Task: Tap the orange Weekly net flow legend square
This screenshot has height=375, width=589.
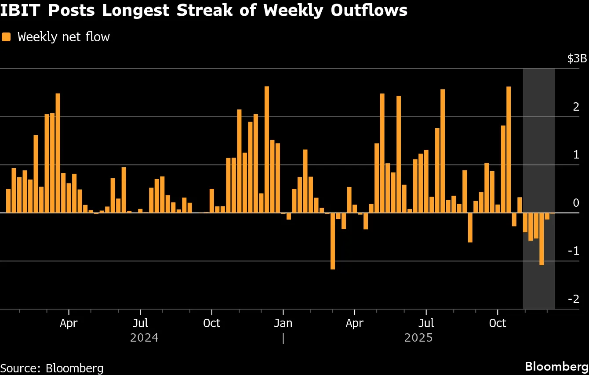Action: (x=6, y=37)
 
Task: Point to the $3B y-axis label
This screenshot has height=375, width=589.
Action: (x=577, y=58)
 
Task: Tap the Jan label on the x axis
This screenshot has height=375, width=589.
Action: (x=283, y=323)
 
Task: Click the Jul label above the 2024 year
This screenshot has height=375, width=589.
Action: (x=140, y=323)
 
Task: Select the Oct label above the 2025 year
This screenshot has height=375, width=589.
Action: (x=498, y=323)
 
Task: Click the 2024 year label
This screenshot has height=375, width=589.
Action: (x=144, y=338)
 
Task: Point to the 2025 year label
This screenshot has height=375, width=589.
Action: (x=418, y=338)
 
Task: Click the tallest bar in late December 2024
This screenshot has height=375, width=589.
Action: (x=267, y=149)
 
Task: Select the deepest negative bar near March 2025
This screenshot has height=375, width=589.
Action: (x=333, y=241)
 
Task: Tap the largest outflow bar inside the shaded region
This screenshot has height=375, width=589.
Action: (x=542, y=238)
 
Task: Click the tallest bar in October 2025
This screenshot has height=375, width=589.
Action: (x=509, y=149)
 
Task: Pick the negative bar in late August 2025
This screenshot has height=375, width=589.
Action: (x=470, y=227)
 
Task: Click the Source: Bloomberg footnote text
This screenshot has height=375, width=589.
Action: (x=52, y=368)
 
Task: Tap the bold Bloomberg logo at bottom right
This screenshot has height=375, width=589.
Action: (x=556, y=366)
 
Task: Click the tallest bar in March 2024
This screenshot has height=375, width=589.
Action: (x=58, y=153)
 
